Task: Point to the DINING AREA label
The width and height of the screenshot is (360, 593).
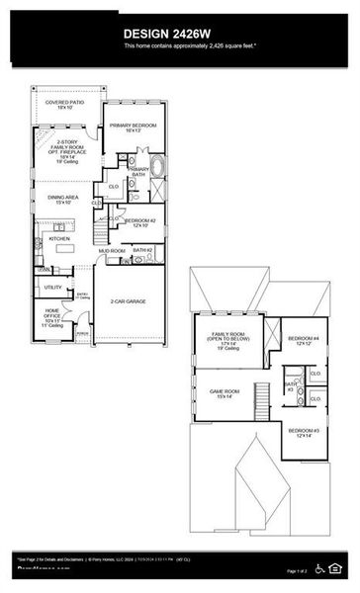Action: coord(62,200)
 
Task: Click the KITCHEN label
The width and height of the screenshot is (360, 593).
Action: coord(59,238)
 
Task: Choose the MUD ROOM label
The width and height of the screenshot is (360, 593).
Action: coord(111,251)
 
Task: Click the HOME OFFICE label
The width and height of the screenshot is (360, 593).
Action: coord(52,318)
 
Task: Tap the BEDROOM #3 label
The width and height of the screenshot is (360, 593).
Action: coord(302,432)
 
